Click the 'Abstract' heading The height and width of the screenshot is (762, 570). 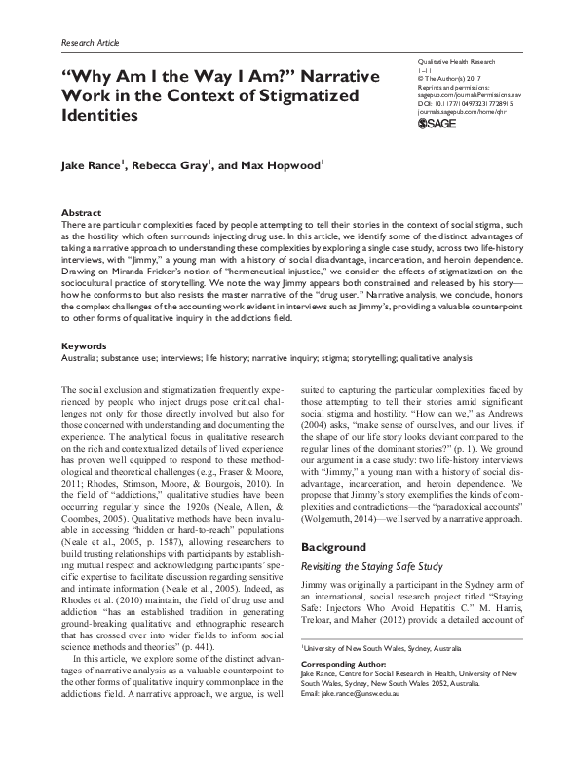(81, 211)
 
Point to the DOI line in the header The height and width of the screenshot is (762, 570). (471, 98)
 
